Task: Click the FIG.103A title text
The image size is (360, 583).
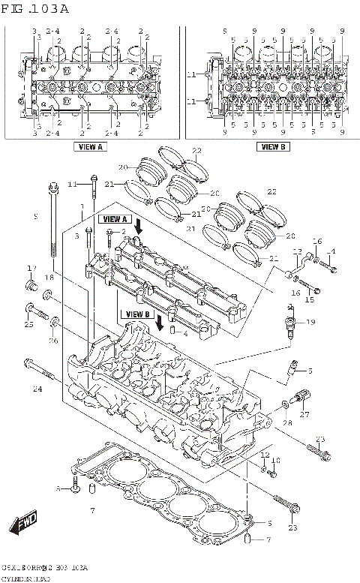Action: click(35, 9)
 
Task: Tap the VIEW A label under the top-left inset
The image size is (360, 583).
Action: click(89, 147)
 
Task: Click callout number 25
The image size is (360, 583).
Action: click(28, 325)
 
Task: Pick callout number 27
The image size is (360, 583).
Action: click(304, 414)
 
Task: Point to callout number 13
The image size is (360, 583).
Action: click(297, 251)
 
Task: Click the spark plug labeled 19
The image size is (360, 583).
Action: click(289, 324)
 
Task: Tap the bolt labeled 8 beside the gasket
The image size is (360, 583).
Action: click(75, 488)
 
